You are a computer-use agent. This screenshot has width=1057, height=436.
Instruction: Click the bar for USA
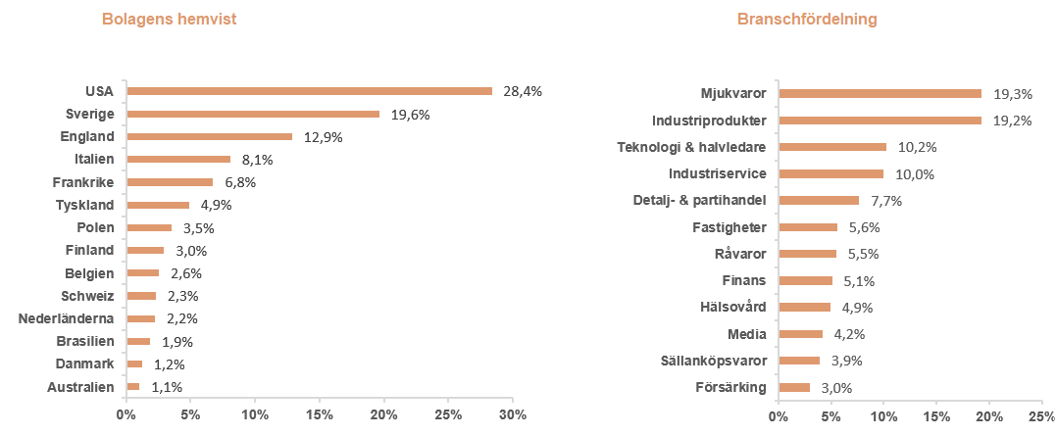click(x=309, y=91)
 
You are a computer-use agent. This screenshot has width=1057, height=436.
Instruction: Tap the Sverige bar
click(x=253, y=114)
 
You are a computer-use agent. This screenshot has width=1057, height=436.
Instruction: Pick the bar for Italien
click(x=178, y=159)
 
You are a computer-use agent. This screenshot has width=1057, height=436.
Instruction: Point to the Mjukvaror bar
click(x=880, y=94)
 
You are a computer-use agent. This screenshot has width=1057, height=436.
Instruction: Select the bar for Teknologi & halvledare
click(x=831, y=147)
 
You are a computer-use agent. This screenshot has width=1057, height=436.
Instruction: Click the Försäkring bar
click(x=794, y=387)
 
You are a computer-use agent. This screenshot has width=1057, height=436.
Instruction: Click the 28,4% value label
click(x=522, y=91)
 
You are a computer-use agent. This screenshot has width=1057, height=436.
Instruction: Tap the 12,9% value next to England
click(x=323, y=137)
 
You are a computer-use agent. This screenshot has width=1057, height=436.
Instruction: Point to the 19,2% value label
click(x=1013, y=121)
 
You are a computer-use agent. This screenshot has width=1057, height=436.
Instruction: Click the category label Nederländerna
click(x=67, y=318)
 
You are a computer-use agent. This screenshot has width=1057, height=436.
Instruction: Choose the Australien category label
click(x=80, y=387)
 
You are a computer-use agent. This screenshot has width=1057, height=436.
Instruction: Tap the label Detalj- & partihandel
click(x=699, y=201)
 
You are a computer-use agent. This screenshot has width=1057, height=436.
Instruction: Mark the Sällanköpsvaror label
click(x=714, y=360)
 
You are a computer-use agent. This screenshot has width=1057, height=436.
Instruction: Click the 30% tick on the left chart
click(x=513, y=414)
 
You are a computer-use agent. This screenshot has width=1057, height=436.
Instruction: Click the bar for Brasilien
click(x=138, y=341)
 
